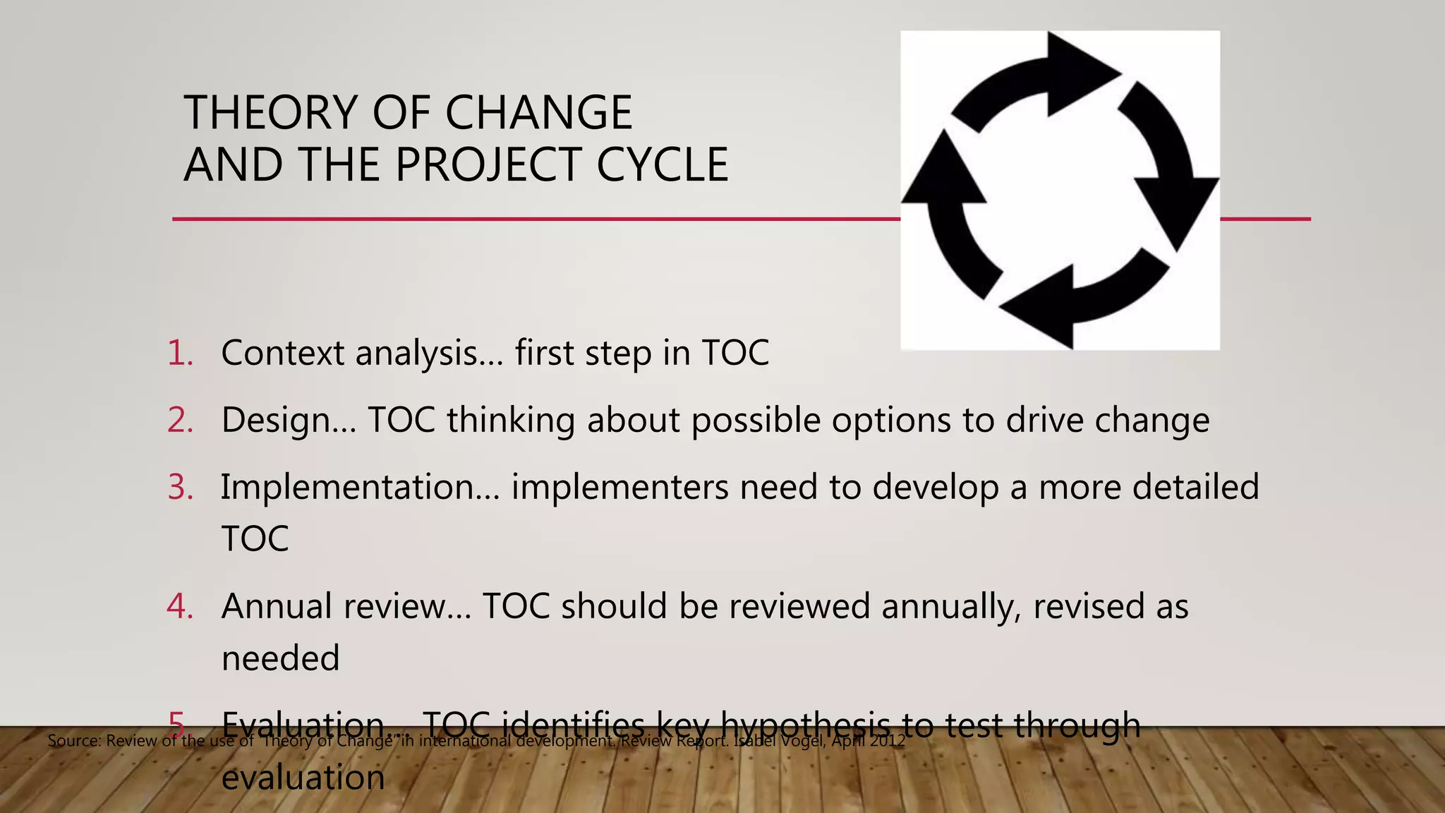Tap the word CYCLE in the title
[662, 165]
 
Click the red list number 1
[181, 353]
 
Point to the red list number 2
[181, 420]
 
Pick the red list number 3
[181, 487]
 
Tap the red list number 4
[181, 606]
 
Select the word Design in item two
[275, 421]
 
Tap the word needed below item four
[280, 658]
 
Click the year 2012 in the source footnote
[888, 741]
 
